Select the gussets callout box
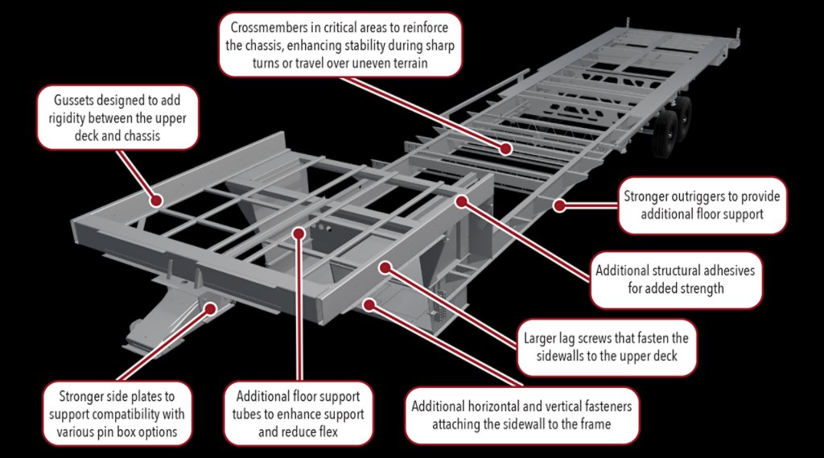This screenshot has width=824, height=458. [118, 118]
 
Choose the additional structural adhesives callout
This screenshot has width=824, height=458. [675, 279]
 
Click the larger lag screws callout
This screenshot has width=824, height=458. [605, 349]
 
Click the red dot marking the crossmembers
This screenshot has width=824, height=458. [506, 149]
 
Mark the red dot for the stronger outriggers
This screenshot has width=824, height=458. [558, 205]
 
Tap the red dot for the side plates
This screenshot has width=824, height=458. [212, 307]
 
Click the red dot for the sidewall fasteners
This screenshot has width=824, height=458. [368, 303]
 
